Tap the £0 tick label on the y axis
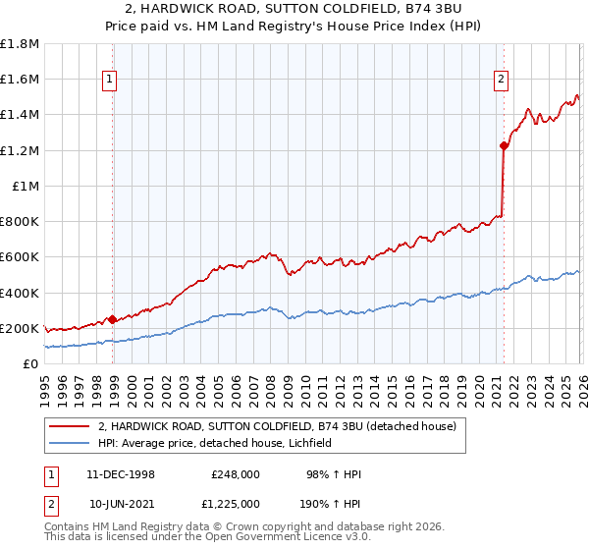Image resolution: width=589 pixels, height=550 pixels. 31,363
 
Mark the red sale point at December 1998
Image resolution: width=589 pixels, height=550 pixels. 113,319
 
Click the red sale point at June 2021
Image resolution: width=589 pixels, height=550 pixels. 504,145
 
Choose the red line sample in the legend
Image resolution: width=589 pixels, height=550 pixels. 71,427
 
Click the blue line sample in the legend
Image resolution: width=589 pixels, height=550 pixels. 71,443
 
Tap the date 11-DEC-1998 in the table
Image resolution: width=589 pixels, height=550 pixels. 120,474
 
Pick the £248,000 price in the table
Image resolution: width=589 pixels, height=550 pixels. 236,474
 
